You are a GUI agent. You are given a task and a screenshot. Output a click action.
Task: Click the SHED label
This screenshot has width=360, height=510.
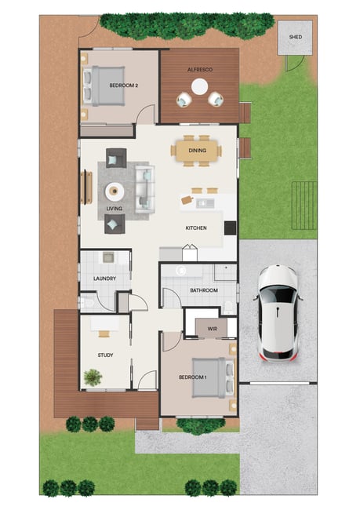click(295, 37)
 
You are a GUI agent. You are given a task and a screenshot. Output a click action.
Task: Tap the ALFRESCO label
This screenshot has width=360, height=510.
click(200, 70)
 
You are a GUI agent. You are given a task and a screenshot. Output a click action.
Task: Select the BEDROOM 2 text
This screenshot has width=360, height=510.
click(124, 86)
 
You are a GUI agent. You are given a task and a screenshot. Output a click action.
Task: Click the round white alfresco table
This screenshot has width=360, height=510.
click(199, 87)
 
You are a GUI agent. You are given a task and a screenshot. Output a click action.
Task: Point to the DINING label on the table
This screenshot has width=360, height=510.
click(198, 151)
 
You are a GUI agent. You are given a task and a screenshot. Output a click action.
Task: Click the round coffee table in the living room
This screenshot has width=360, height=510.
click(115, 192)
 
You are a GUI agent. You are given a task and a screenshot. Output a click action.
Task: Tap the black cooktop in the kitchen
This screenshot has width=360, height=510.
click(231, 228)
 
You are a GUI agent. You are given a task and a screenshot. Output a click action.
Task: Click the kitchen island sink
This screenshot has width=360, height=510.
click(205, 203)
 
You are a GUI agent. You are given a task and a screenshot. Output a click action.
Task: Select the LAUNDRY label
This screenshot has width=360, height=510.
click(105, 279)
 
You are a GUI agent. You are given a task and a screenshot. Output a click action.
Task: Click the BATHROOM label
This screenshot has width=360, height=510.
click(204, 290)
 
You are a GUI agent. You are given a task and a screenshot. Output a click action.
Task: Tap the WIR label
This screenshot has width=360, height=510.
click(212, 329)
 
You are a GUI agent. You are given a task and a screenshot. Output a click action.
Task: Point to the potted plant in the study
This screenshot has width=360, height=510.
click(93, 377)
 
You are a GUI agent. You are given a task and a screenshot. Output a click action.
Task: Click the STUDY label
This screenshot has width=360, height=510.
click(105, 355)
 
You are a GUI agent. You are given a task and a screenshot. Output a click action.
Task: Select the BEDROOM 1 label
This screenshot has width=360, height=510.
click(192, 377)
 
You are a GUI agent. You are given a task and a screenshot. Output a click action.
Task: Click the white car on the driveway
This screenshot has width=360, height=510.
click(278, 313)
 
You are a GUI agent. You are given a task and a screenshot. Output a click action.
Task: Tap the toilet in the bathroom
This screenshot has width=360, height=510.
click(230, 308)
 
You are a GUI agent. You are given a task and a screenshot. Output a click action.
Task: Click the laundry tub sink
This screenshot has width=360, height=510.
click(108, 257)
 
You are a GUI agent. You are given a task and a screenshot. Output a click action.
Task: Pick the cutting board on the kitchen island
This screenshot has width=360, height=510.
click(187, 200)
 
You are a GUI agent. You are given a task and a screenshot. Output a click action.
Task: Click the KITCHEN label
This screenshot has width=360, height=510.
click(196, 228)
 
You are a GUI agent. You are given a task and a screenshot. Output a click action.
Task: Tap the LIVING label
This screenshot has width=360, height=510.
click(115, 209)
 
